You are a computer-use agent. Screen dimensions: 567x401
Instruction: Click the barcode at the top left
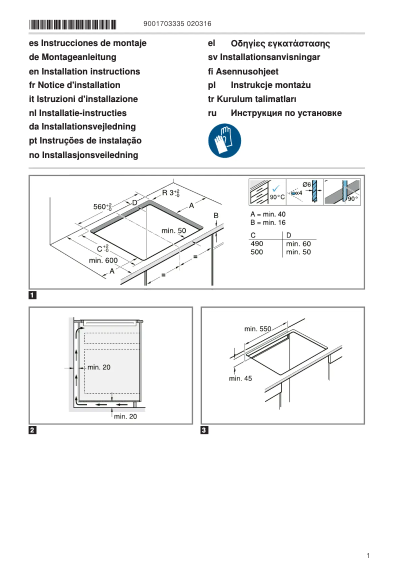point(72,24)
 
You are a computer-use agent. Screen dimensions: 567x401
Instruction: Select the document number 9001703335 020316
point(177,24)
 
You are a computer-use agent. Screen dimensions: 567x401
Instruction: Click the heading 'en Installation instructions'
point(84,71)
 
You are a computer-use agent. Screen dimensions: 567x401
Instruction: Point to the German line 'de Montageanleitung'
point(72,57)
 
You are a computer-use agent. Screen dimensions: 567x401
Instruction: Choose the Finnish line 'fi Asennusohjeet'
point(243,71)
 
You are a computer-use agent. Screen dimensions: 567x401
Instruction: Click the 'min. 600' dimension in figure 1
point(103,260)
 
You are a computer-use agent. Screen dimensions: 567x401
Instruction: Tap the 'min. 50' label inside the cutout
point(173,230)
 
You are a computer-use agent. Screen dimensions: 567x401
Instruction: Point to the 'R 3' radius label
point(170,193)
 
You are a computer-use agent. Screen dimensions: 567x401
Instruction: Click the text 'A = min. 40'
point(268,214)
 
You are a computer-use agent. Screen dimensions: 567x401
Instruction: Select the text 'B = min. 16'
point(268,222)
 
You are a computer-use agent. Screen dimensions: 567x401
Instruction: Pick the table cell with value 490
point(256,243)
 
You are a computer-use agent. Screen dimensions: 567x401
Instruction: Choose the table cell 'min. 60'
point(298,243)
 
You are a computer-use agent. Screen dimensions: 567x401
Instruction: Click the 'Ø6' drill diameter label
point(307,184)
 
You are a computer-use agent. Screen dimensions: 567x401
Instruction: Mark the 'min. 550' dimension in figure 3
point(257,329)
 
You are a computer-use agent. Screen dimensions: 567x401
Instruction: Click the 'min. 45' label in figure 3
point(240,378)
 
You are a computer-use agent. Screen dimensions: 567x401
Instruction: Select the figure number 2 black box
point(32,430)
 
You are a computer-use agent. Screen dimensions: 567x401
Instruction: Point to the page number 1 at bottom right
point(367,555)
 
